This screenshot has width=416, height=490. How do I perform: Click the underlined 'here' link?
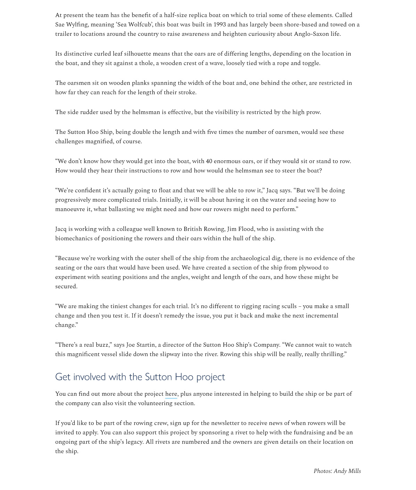coord(171,394)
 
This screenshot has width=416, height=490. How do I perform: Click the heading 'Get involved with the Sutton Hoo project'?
coord(140,377)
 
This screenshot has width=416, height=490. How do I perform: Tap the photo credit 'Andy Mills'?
coord(347,471)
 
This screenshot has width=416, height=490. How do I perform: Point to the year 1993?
coord(219,25)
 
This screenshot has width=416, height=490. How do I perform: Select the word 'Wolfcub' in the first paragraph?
coord(139,25)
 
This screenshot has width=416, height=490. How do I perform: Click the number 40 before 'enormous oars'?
coord(209,161)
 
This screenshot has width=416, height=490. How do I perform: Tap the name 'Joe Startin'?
coord(140,345)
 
